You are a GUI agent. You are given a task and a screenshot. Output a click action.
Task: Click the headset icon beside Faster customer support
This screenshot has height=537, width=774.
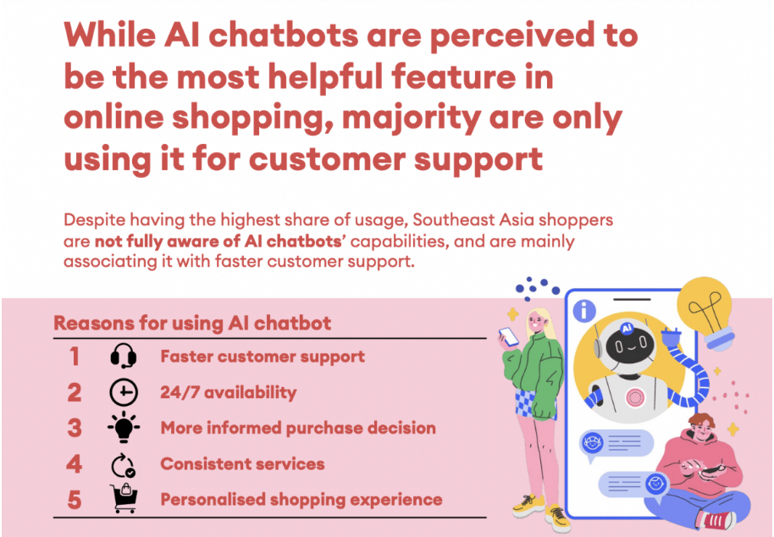coord(124,357)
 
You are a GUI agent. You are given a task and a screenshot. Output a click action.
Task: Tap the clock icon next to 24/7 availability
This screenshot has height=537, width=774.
coord(124,392)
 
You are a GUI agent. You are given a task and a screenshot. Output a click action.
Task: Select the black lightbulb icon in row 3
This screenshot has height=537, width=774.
coord(124,428)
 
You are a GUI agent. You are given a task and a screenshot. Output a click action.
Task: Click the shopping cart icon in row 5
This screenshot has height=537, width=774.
coord(124,499)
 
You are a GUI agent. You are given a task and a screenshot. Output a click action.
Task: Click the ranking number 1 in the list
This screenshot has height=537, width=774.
coord(74,357)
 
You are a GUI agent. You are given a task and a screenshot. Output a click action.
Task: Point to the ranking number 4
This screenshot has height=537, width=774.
coord(74,464)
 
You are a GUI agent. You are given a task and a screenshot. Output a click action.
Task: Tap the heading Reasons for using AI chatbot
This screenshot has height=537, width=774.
coord(192,324)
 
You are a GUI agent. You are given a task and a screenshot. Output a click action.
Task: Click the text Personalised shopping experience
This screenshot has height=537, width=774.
coord(301,500)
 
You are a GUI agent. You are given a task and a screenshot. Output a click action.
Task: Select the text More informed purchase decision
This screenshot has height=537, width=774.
coord(298,428)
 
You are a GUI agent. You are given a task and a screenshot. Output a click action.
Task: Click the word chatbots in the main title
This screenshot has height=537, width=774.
coord(284,36)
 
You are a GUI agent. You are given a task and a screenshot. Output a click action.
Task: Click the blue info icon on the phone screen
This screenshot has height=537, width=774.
coord(584,311)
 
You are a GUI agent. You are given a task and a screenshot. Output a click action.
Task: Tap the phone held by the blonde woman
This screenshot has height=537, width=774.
coord(509,336)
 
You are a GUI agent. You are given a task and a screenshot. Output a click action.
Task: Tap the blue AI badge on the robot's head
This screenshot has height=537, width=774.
coord(627,328)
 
